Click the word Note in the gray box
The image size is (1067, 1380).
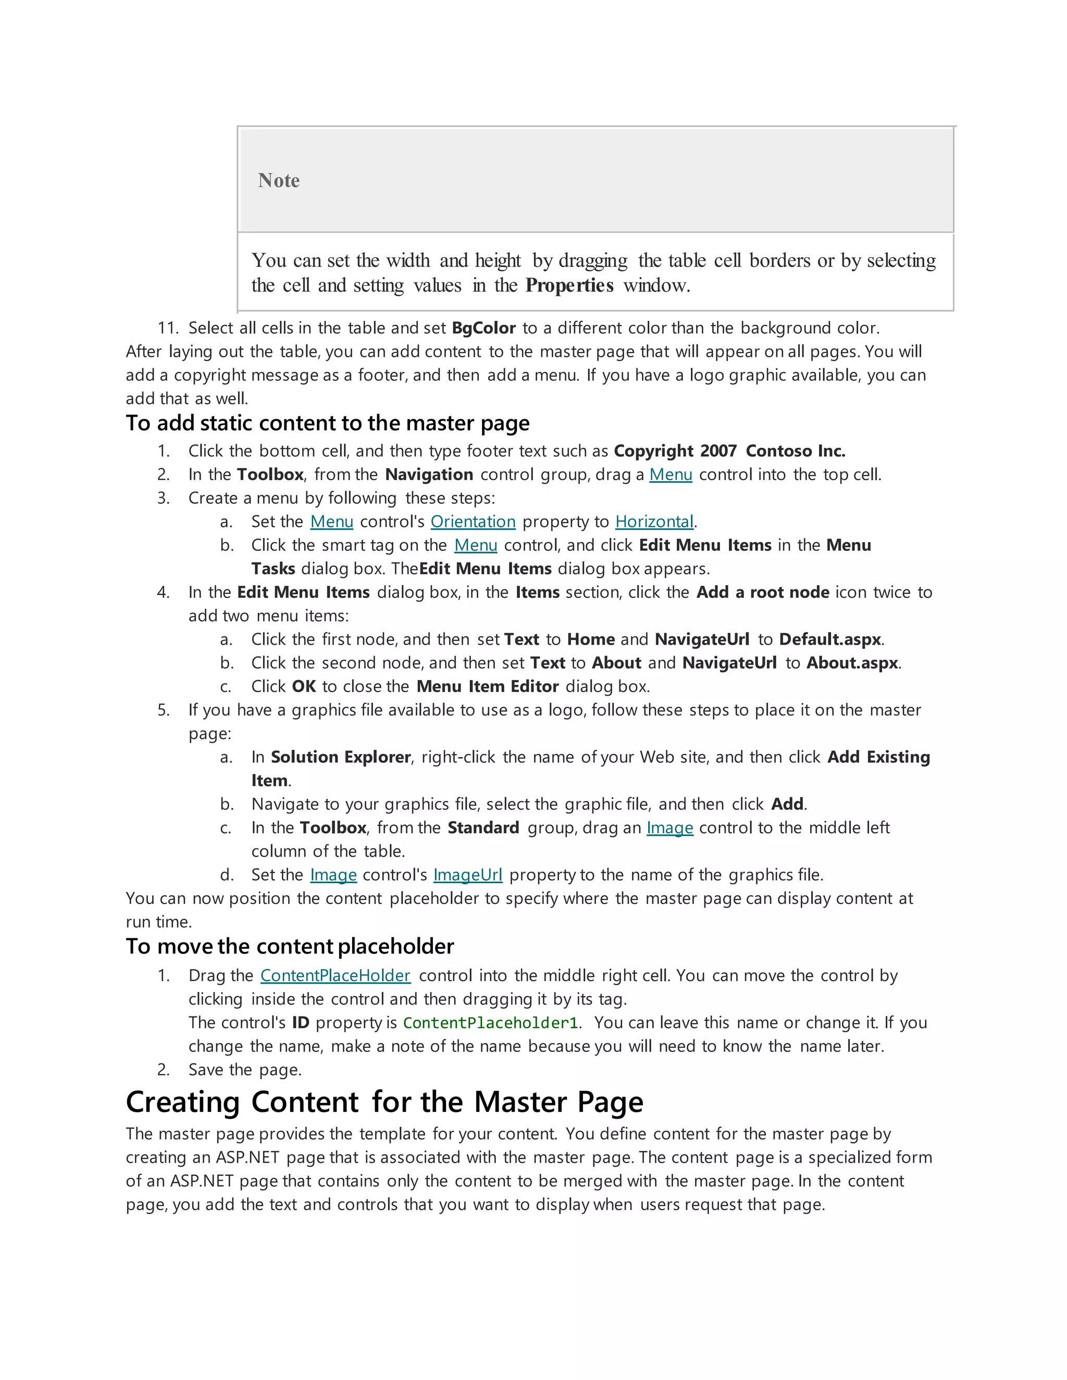click(x=279, y=181)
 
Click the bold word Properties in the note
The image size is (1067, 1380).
click(x=569, y=285)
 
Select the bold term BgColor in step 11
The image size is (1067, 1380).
click(x=483, y=328)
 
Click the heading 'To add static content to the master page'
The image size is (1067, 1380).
click(x=327, y=423)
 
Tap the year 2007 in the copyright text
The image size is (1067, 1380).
click(x=718, y=451)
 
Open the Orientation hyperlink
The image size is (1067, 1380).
click(x=473, y=522)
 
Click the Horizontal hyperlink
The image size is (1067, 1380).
click(x=654, y=522)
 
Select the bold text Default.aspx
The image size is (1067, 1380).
click(x=830, y=639)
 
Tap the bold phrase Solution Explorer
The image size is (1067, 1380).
click(x=341, y=757)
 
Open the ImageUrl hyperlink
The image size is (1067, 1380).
click(x=468, y=875)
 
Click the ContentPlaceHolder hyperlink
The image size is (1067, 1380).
click(x=335, y=975)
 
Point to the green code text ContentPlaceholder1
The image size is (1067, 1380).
click(x=490, y=1023)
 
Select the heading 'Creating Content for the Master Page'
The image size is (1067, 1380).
click(x=384, y=1102)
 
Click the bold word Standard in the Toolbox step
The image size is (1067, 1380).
click(x=483, y=828)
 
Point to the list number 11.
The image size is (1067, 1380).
click(x=168, y=328)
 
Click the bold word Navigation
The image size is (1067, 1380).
click(x=429, y=474)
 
